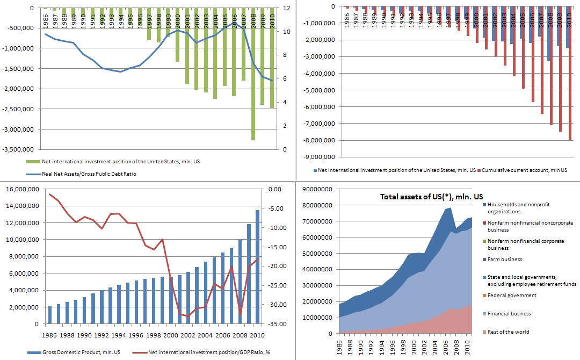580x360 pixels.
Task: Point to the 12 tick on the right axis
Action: [287, 8]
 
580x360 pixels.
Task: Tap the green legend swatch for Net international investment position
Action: [33, 161]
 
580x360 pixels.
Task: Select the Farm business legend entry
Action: [505, 260]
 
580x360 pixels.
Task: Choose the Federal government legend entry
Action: [512, 296]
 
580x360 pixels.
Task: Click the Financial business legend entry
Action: [509, 314]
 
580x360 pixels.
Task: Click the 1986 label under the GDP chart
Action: [50, 335]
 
